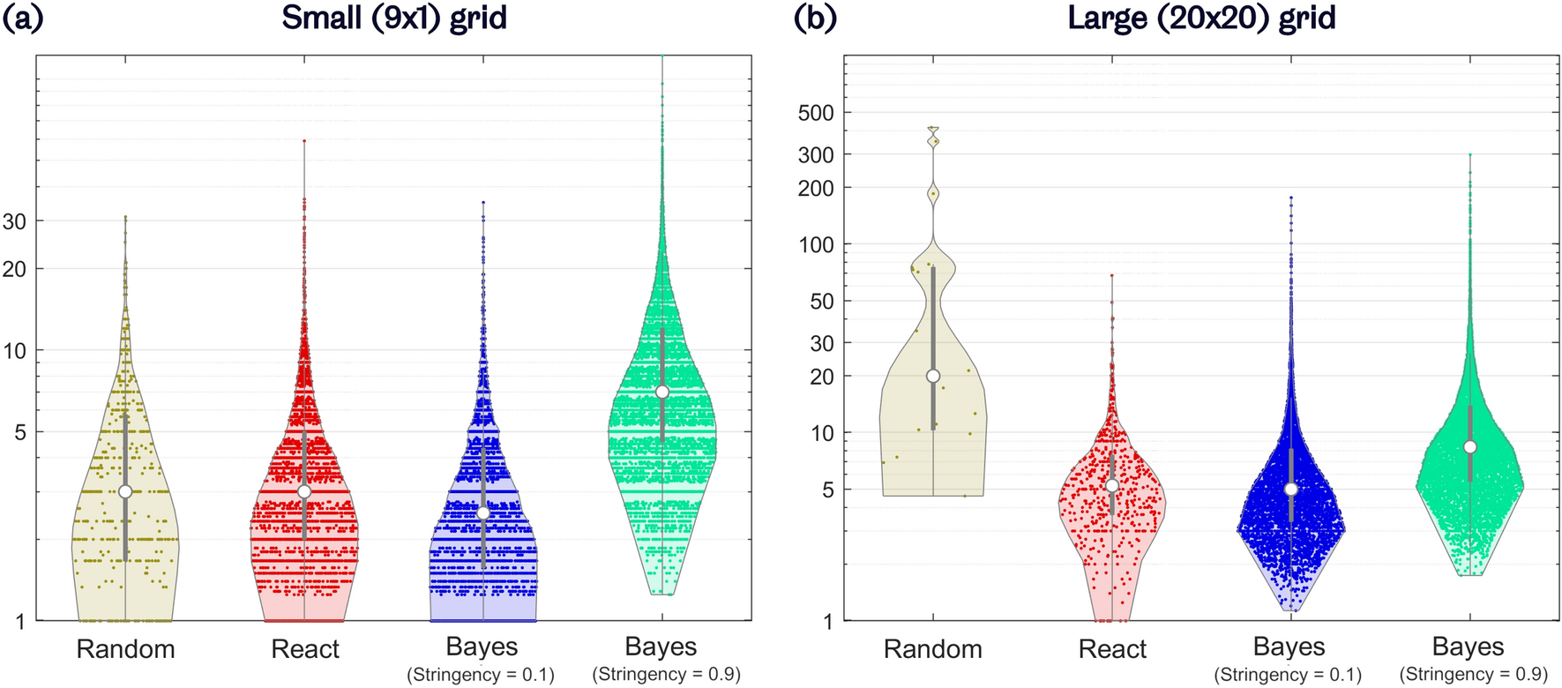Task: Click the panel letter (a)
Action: [x=22, y=19]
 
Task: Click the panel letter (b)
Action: [x=815, y=19]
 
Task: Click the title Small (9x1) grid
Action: [x=394, y=19]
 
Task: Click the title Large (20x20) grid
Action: [x=1201, y=19]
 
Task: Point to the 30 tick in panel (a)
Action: [x=14, y=221]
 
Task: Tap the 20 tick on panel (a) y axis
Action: [x=14, y=269]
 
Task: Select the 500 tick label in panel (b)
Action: [x=815, y=113]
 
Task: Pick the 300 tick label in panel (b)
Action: [x=815, y=155]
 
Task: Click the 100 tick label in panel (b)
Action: [x=815, y=245]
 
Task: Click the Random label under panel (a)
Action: [x=125, y=650]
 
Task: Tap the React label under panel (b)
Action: [x=1112, y=650]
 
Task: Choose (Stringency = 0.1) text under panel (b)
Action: [x=1288, y=675]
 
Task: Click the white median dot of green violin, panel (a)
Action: [x=662, y=392]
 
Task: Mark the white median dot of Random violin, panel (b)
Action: [x=933, y=376]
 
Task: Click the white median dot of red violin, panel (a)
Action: [x=304, y=491]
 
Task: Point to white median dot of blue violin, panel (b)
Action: [x=1291, y=490]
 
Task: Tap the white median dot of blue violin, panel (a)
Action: [x=483, y=513]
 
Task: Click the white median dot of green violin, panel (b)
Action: [x=1470, y=447]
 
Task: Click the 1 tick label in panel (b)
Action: [x=827, y=622]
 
